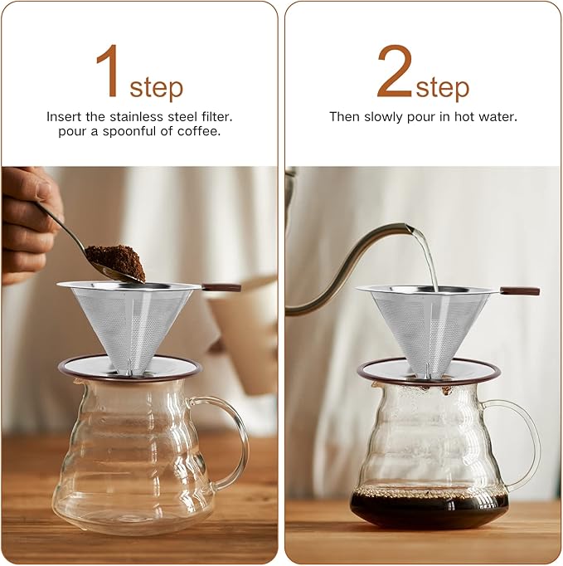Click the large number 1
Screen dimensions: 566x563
click(109, 72)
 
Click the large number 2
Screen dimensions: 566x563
click(395, 72)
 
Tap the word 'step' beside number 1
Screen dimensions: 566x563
click(156, 86)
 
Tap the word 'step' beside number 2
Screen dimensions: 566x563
click(442, 86)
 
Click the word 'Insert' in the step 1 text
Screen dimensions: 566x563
click(64, 117)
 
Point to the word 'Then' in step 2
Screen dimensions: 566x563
click(344, 117)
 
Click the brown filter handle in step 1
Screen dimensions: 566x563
click(221, 288)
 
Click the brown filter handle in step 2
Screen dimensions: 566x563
click(519, 291)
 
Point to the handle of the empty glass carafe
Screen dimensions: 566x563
click(233, 440)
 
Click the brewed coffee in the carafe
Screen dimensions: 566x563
click(429, 508)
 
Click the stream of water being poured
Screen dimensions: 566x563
click(426, 258)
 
